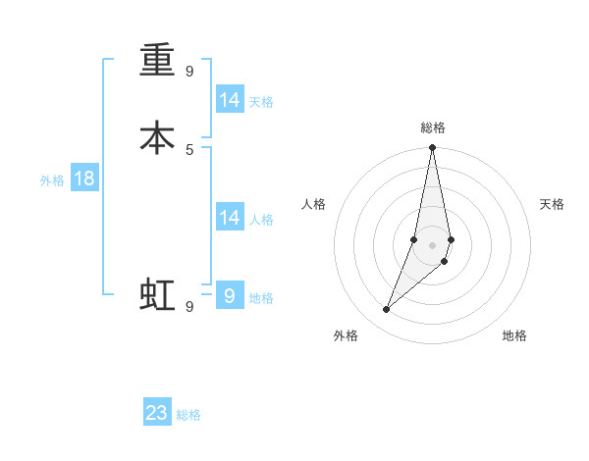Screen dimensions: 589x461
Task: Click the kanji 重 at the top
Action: point(157,60)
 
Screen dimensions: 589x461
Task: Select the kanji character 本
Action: point(157,137)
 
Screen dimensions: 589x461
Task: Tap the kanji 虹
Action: point(157,294)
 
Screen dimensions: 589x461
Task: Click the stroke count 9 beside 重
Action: point(189,71)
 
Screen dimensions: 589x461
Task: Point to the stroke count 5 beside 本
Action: point(189,149)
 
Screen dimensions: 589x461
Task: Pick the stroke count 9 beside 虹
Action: point(189,306)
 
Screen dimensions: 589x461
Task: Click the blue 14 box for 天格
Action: point(230,100)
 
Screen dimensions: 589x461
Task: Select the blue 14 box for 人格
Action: point(230,218)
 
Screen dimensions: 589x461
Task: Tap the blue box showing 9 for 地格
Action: point(230,295)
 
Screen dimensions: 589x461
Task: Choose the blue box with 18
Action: point(84,179)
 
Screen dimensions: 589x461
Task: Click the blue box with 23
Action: point(157,413)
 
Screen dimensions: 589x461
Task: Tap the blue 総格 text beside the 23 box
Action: point(189,415)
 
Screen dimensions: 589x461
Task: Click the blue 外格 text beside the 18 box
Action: point(52,180)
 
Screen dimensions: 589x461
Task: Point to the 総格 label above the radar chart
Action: point(433,128)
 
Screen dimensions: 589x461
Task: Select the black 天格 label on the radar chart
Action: point(552,204)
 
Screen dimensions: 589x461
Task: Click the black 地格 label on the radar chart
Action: point(514,335)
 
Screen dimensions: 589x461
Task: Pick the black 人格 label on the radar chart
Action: point(313,204)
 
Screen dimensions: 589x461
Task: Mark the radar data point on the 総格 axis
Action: point(433,148)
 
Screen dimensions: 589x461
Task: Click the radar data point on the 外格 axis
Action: point(386,310)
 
